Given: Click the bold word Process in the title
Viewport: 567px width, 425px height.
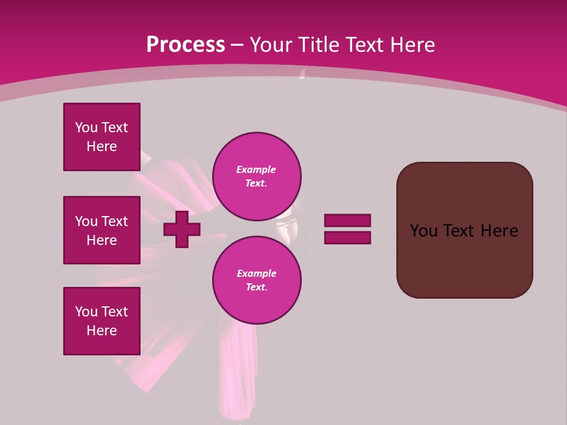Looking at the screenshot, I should (x=185, y=45).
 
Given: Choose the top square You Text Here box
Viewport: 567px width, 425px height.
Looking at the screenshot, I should (x=102, y=137).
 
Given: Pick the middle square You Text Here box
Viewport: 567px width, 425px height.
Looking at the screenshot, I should (x=102, y=230).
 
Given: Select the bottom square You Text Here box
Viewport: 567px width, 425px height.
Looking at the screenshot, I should (x=102, y=321).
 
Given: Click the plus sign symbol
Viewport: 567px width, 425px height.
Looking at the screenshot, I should (x=182, y=230).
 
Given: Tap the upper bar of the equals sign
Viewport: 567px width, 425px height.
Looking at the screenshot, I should (x=347, y=220).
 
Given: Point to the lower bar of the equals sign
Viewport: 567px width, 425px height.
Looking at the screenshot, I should (x=347, y=238).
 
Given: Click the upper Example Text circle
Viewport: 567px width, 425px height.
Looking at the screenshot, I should (x=256, y=176).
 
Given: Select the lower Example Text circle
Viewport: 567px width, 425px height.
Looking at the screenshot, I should (x=256, y=280).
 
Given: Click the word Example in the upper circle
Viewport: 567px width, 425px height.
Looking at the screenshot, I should (x=256, y=169).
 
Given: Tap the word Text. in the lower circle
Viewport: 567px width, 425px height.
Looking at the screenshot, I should (x=256, y=287).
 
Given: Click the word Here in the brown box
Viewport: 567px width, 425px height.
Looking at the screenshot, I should (x=499, y=231).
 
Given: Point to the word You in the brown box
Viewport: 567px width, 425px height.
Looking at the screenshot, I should (x=424, y=231).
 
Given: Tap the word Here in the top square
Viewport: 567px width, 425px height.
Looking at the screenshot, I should (x=102, y=146).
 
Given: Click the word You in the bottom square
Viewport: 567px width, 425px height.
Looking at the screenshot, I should (x=86, y=312).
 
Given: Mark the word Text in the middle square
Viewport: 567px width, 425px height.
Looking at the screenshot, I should (x=115, y=221).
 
